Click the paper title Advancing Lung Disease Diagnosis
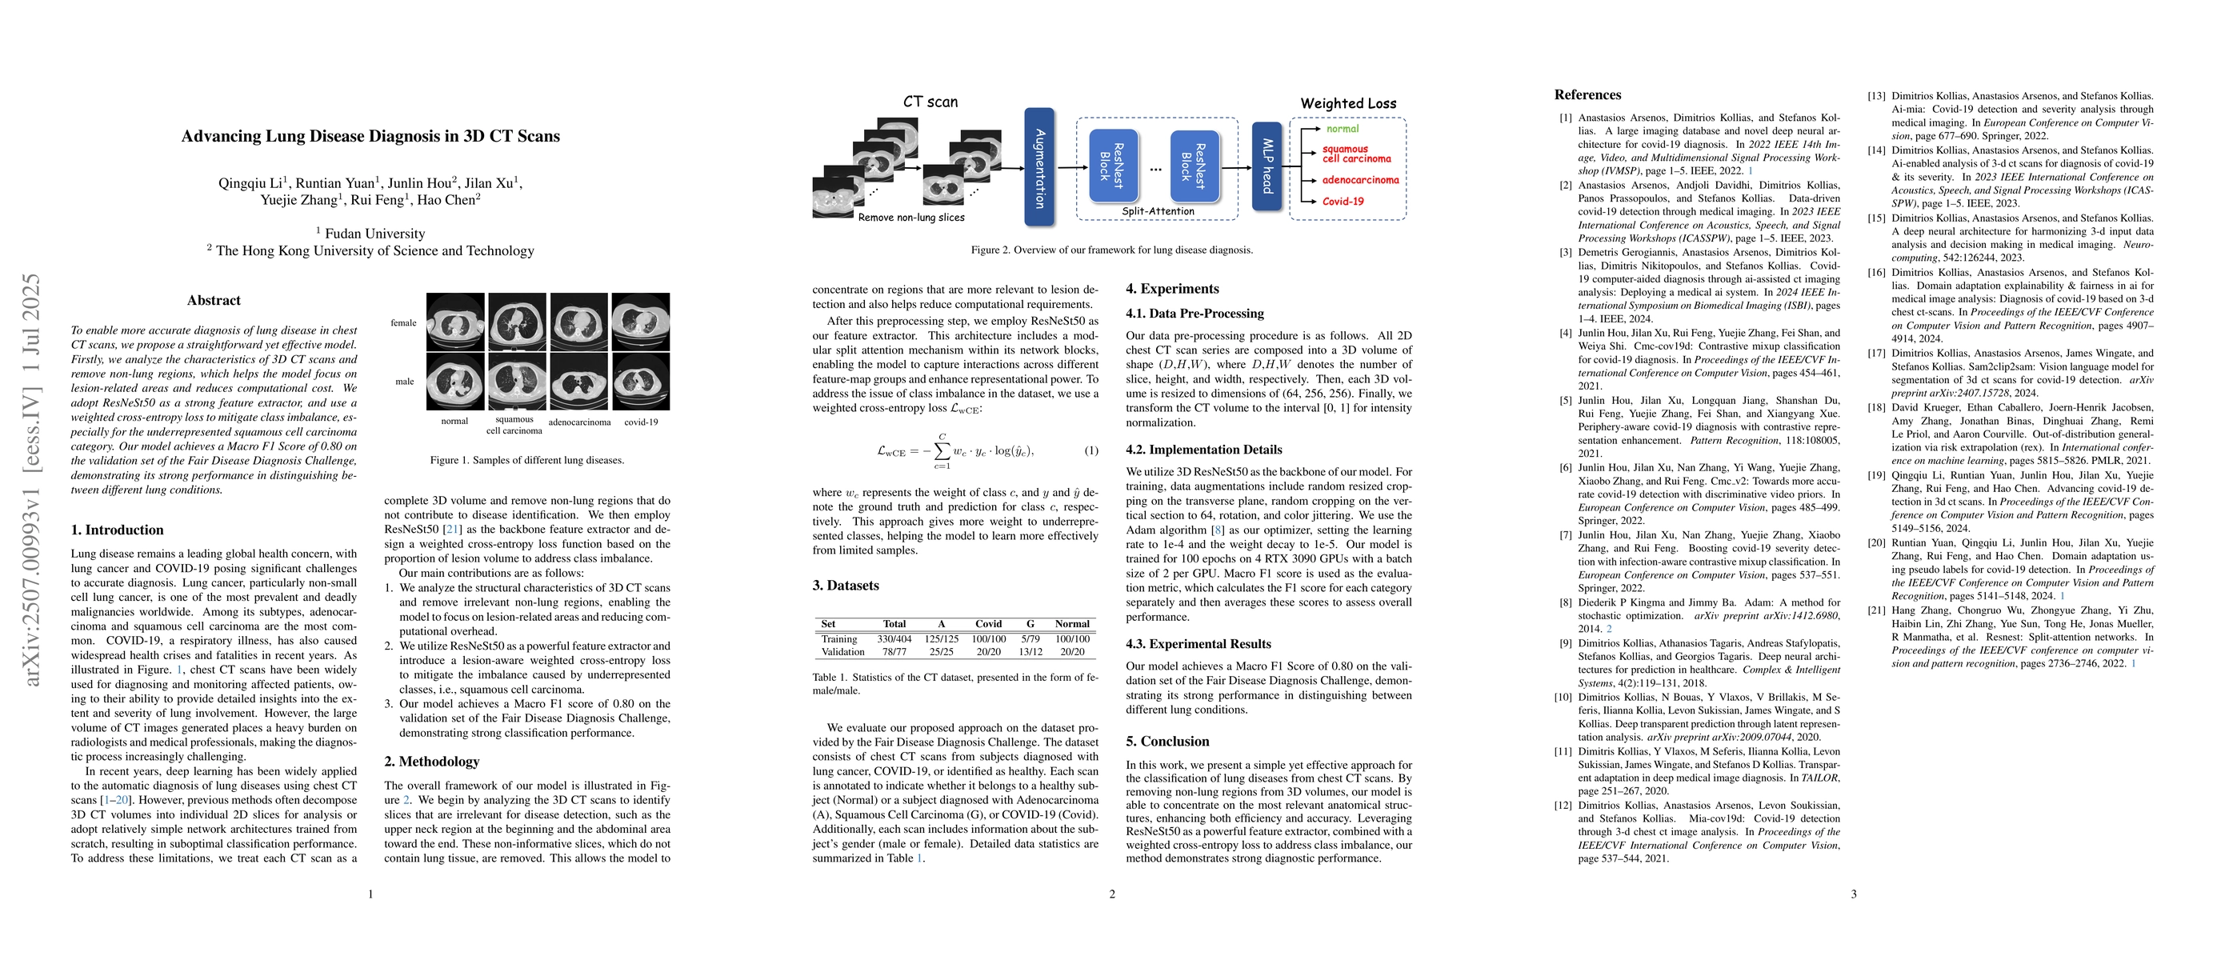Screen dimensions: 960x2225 [370, 137]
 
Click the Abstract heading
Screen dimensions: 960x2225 [214, 301]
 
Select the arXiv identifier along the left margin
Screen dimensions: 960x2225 [32, 479]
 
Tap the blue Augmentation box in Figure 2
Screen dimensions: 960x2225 [1039, 167]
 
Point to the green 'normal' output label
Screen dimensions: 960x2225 [1343, 129]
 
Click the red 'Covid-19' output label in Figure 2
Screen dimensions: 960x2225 [1343, 201]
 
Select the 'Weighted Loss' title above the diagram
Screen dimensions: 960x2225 [1347, 103]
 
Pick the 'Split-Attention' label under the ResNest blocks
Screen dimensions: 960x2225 [1158, 210]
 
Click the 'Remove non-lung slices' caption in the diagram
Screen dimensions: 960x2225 [910, 218]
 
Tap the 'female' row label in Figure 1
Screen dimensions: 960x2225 [403, 323]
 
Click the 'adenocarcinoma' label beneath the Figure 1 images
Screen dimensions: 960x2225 [579, 422]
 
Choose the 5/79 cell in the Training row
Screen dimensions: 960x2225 [1030, 639]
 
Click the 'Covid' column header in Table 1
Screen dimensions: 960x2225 [988, 623]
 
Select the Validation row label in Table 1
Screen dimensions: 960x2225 [842, 652]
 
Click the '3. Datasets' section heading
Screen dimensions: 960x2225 [845, 586]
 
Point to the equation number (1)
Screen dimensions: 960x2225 [1091, 450]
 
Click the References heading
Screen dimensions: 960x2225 [1587, 95]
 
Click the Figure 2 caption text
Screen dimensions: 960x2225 [1111, 250]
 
